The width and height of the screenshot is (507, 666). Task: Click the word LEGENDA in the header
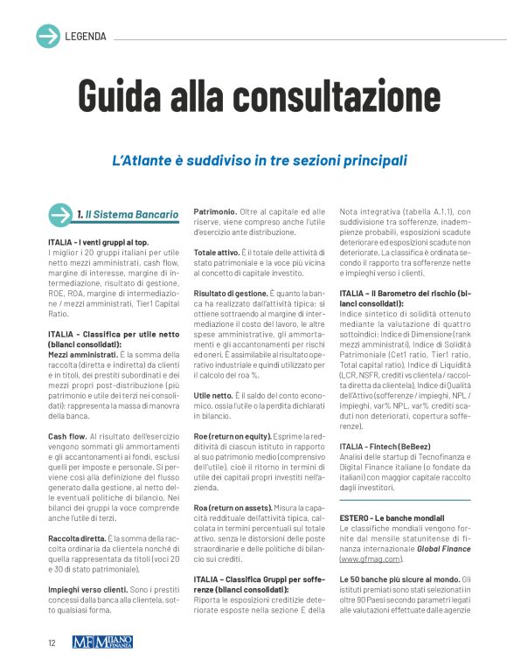click(86, 37)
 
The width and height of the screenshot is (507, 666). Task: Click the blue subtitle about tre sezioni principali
click(260, 161)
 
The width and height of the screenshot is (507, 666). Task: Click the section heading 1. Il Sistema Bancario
click(127, 215)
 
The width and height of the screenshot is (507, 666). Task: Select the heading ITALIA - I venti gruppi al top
click(99, 241)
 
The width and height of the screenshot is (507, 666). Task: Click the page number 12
click(52, 642)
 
